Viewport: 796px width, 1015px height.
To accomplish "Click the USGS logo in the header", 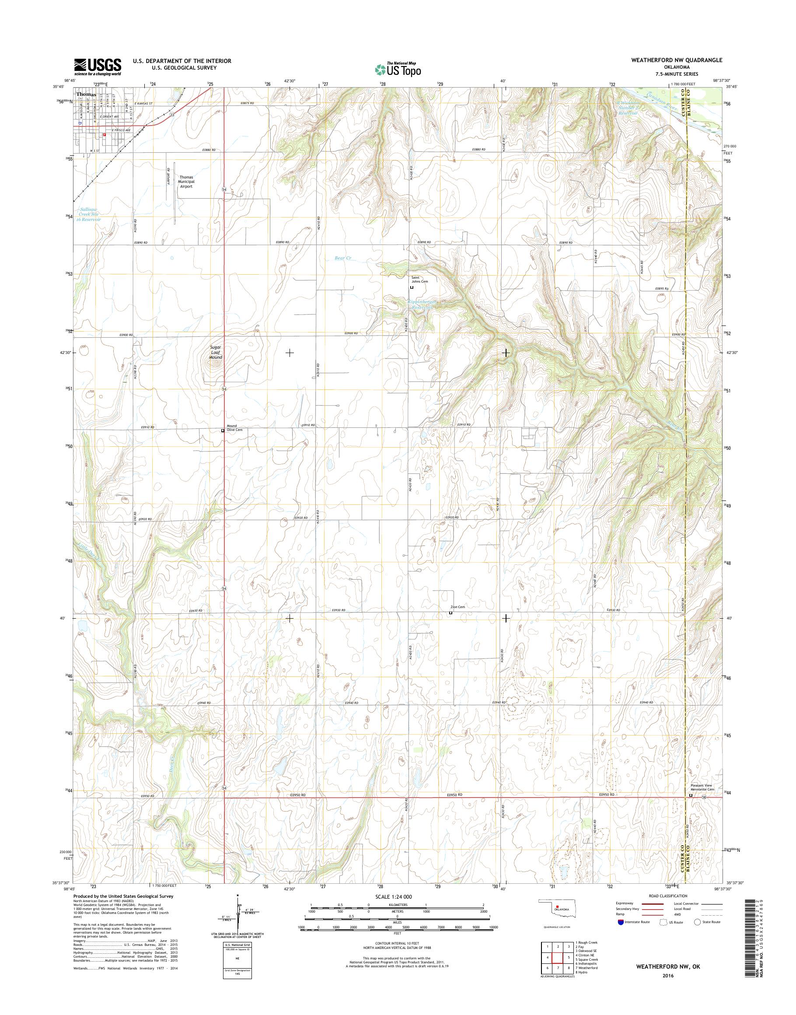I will point(98,66).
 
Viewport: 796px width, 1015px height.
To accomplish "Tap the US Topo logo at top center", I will point(398,69).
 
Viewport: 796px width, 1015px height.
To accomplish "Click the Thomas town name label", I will point(86,94).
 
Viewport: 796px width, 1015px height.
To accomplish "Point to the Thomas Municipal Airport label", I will point(186,182).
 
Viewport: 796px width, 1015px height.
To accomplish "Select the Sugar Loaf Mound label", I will point(215,352).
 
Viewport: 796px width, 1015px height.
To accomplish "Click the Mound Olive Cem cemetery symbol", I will point(223,431).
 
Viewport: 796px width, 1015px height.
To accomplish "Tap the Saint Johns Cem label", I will point(419,279).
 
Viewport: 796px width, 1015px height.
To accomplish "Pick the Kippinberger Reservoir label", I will point(422,304).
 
